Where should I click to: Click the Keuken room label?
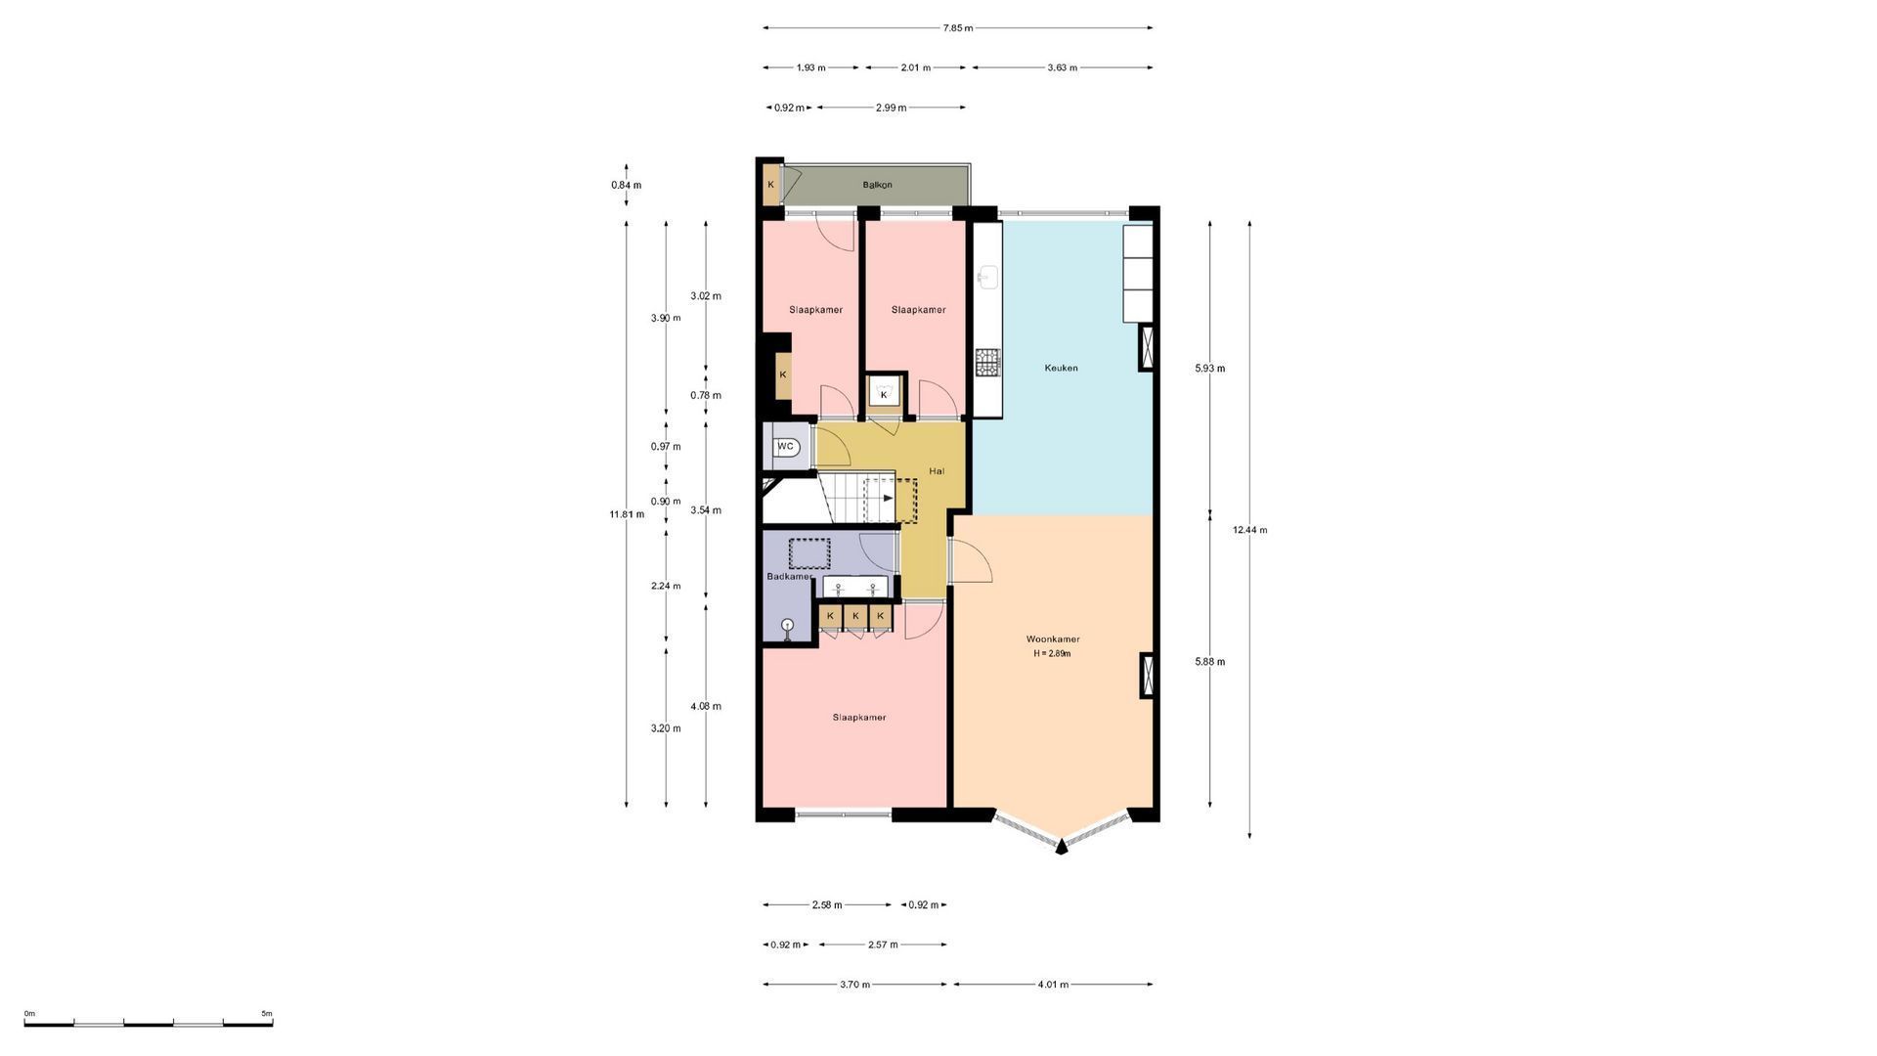[x=1061, y=368]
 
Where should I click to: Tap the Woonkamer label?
[x=1053, y=639]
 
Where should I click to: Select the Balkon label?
[x=877, y=185]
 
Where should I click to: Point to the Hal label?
[x=937, y=471]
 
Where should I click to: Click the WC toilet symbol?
[x=786, y=447]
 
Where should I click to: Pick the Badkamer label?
[x=789, y=577]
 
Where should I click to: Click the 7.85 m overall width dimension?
[x=958, y=28]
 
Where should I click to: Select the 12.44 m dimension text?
[x=1249, y=530]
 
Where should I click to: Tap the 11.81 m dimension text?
[x=627, y=514]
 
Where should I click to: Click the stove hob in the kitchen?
[x=987, y=363]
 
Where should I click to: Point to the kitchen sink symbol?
[x=987, y=277]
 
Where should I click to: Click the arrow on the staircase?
[x=888, y=498]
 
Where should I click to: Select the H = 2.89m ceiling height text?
[x=1052, y=654]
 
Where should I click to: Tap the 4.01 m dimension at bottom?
[x=1052, y=985]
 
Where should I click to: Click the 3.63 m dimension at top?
[x=1062, y=68]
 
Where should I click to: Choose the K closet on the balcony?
[x=771, y=185]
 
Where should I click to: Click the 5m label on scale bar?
[x=266, y=1014]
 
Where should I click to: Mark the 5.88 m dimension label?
[x=1210, y=662]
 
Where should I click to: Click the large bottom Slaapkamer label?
[x=859, y=718]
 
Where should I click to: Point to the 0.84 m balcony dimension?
[x=627, y=186]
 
